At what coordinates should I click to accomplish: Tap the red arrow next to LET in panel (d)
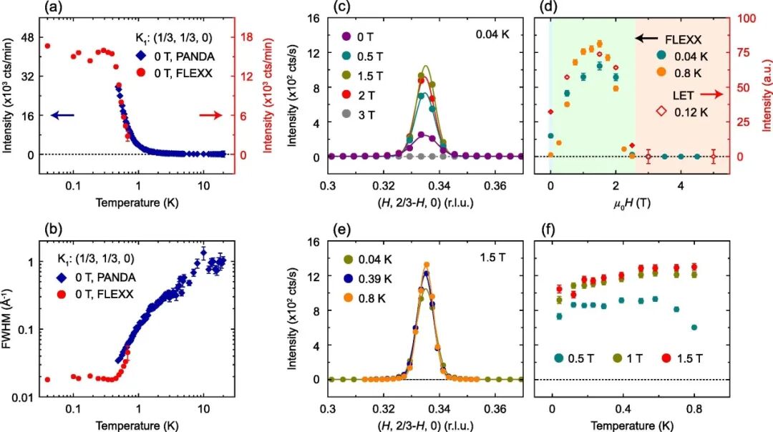pyautogui.click(x=710, y=94)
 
